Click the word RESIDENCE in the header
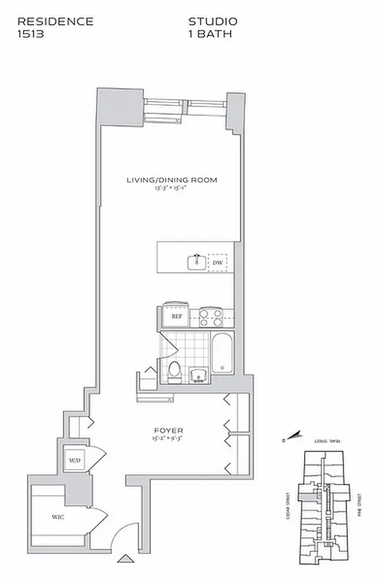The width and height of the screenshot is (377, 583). (x=55, y=22)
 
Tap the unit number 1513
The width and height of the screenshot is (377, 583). (x=31, y=34)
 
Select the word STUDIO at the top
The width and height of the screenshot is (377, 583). (x=213, y=22)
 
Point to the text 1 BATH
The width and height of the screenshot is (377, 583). (x=210, y=34)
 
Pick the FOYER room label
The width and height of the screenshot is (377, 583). (x=162, y=431)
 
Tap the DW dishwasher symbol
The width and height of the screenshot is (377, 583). (x=217, y=262)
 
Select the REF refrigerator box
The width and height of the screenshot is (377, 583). (x=176, y=316)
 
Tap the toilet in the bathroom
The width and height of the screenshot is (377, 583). (x=174, y=371)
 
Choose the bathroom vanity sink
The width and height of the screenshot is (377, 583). (x=198, y=375)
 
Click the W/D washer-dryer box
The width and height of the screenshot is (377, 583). (x=75, y=461)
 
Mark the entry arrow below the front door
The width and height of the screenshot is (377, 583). (x=128, y=559)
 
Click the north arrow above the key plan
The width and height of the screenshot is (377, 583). (x=292, y=438)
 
